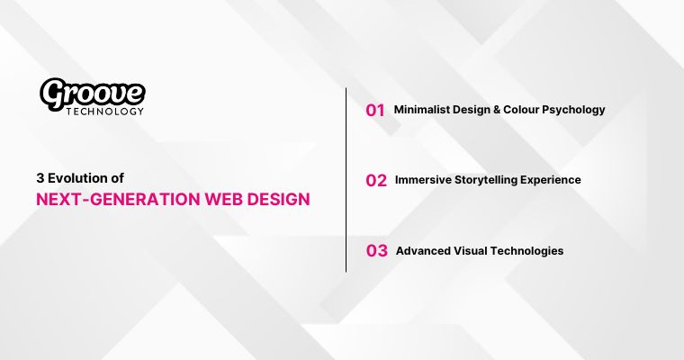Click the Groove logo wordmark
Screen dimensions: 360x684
coord(92,92)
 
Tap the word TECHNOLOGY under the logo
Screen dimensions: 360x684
coord(104,112)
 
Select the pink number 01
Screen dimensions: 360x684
coord(375,110)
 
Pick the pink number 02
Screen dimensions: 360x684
coord(376,180)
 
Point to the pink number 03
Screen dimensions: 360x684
coord(376,251)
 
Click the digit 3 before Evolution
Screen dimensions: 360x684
coord(40,178)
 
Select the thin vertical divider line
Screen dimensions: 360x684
coord(346,180)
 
